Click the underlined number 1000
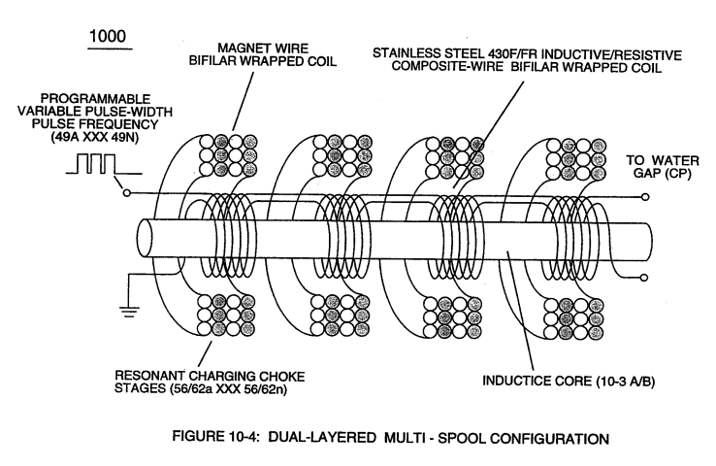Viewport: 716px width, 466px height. click(x=108, y=37)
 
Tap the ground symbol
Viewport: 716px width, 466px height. click(x=129, y=311)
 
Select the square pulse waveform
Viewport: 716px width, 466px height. click(x=104, y=164)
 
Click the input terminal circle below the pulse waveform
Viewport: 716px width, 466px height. click(x=127, y=193)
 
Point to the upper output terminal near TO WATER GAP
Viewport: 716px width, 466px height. click(x=645, y=197)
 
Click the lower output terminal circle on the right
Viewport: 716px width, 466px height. click(x=645, y=278)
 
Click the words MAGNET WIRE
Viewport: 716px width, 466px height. click(x=263, y=48)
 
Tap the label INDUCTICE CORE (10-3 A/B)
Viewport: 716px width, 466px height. click(x=569, y=382)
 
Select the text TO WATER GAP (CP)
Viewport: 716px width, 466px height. click(x=662, y=167)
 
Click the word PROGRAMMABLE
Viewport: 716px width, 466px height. click(x=95, y=99)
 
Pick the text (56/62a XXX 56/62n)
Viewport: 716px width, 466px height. click(x=228, y=388)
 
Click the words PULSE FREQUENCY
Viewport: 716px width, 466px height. click(x=95, y=124)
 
